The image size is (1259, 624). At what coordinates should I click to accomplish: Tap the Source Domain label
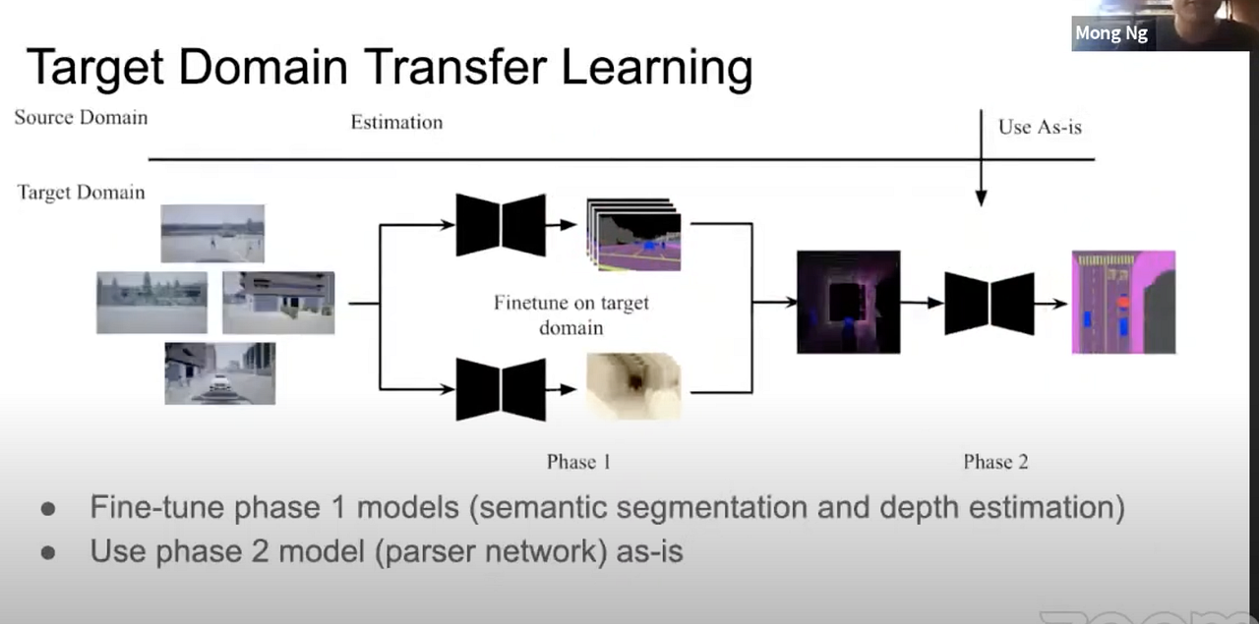point(81,117)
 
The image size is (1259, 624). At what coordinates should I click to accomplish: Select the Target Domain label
point(81,192)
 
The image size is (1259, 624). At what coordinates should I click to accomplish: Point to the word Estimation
point(396,122)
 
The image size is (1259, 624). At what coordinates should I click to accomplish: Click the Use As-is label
point(1040,127)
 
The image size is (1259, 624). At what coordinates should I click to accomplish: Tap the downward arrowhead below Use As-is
point(982,198)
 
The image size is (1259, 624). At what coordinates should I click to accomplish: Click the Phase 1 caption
point(578,462)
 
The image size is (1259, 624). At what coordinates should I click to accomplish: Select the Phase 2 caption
point(995,462)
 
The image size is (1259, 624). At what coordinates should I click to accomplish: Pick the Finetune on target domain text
point(571,314)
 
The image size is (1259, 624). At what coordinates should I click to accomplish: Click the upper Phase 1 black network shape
point(501,225)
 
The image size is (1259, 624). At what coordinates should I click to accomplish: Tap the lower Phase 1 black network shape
point(501,389)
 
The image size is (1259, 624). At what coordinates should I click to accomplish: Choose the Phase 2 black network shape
point(989,304)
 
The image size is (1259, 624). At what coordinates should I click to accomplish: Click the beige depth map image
point(633,386)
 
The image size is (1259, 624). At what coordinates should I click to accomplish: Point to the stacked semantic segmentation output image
point(633,235)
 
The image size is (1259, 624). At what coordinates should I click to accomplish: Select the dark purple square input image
point(848,302)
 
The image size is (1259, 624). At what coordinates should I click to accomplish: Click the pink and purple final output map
point(1123,302)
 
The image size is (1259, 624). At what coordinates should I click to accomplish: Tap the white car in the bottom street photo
point(219,383)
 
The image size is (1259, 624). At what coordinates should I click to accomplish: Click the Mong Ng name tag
point(1111,33)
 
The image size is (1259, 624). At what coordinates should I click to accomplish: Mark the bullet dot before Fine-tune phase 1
point(48,509)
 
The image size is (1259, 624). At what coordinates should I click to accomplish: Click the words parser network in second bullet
point(491,551)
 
